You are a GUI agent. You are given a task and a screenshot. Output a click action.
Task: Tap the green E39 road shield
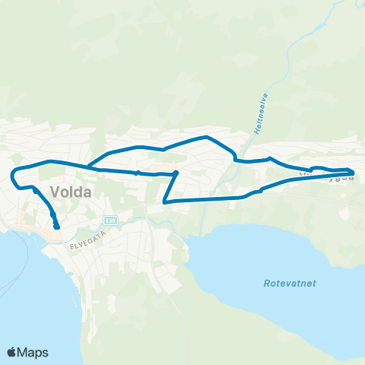[x=111, y=220]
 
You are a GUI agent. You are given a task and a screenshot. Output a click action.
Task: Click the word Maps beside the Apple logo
[x=33, y=352]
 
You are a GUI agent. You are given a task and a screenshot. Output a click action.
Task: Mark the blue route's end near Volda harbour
[x=57, y=225]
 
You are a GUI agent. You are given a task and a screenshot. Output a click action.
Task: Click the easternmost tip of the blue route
[x=354, y=173]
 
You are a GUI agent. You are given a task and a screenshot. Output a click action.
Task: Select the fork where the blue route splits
[x=88, y=167]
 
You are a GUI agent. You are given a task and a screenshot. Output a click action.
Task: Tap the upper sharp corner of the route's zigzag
[x=177, y=173]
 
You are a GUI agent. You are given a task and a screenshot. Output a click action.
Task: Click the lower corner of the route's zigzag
[x=165, y=202]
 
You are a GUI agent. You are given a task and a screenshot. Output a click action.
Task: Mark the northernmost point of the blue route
[x=207, y=137]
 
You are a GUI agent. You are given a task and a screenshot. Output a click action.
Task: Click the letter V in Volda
[x=56, y=192]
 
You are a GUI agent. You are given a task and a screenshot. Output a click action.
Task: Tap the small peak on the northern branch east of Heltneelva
[x=270, y=158]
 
